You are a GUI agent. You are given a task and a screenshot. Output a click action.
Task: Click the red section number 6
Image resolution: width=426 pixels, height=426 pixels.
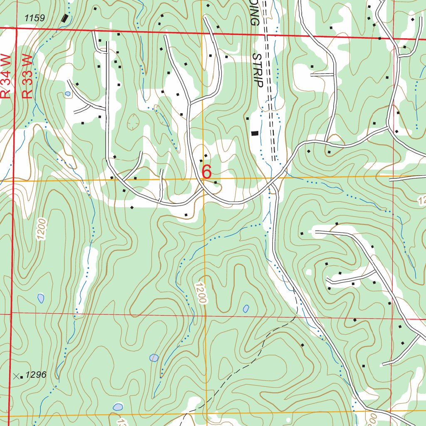point(207,171)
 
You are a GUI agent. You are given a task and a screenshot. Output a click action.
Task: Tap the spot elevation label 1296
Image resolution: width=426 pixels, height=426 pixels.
point(35,375)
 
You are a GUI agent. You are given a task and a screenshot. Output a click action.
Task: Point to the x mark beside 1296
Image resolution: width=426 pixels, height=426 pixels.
point(16,376)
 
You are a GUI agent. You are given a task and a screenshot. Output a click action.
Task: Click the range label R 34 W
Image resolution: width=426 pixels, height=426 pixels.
point(5,76)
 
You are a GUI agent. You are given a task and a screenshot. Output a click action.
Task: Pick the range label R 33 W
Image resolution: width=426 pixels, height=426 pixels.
point(27,76)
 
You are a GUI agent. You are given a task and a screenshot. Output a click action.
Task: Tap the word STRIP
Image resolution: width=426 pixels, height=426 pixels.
point(258,70)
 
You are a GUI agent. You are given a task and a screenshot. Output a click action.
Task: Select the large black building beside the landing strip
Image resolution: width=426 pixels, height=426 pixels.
point(255,133)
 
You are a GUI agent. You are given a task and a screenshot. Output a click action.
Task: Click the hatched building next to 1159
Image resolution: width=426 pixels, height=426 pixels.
point(64,18)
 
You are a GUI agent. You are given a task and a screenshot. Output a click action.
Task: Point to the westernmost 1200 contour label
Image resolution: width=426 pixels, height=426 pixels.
point(41,229)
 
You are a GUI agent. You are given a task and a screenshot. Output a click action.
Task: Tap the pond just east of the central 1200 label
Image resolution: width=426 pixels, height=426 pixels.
point(246,309)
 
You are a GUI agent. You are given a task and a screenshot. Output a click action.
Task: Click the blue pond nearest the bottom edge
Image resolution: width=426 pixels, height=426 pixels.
point(118,406)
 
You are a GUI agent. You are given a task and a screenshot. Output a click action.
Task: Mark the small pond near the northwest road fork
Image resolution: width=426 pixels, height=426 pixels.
point(67,94)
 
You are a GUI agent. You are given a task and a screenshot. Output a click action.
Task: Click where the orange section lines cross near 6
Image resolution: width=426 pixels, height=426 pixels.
point(203,180)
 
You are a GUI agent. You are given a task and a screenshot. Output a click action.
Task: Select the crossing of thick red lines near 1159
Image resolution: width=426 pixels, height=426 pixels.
point(16,28)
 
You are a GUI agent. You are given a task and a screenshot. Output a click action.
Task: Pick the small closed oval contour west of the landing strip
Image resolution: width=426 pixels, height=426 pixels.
point(134,122)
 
